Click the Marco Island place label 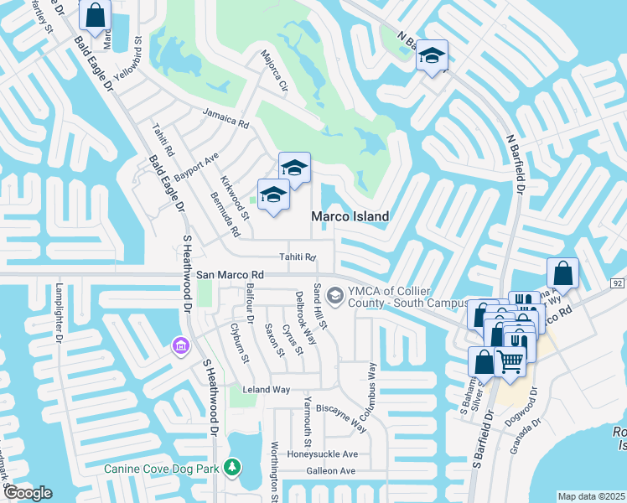[350, 216]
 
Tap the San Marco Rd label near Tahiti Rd [231, 274]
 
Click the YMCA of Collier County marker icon [336, 294]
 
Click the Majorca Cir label [274, 74]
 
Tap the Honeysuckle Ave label [323, 454]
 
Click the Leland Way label [266, 390]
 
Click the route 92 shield [617, 283]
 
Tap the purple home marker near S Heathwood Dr [179, 345]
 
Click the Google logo [28, 492]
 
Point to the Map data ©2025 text [590, 496]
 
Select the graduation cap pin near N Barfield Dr [433, 56]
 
